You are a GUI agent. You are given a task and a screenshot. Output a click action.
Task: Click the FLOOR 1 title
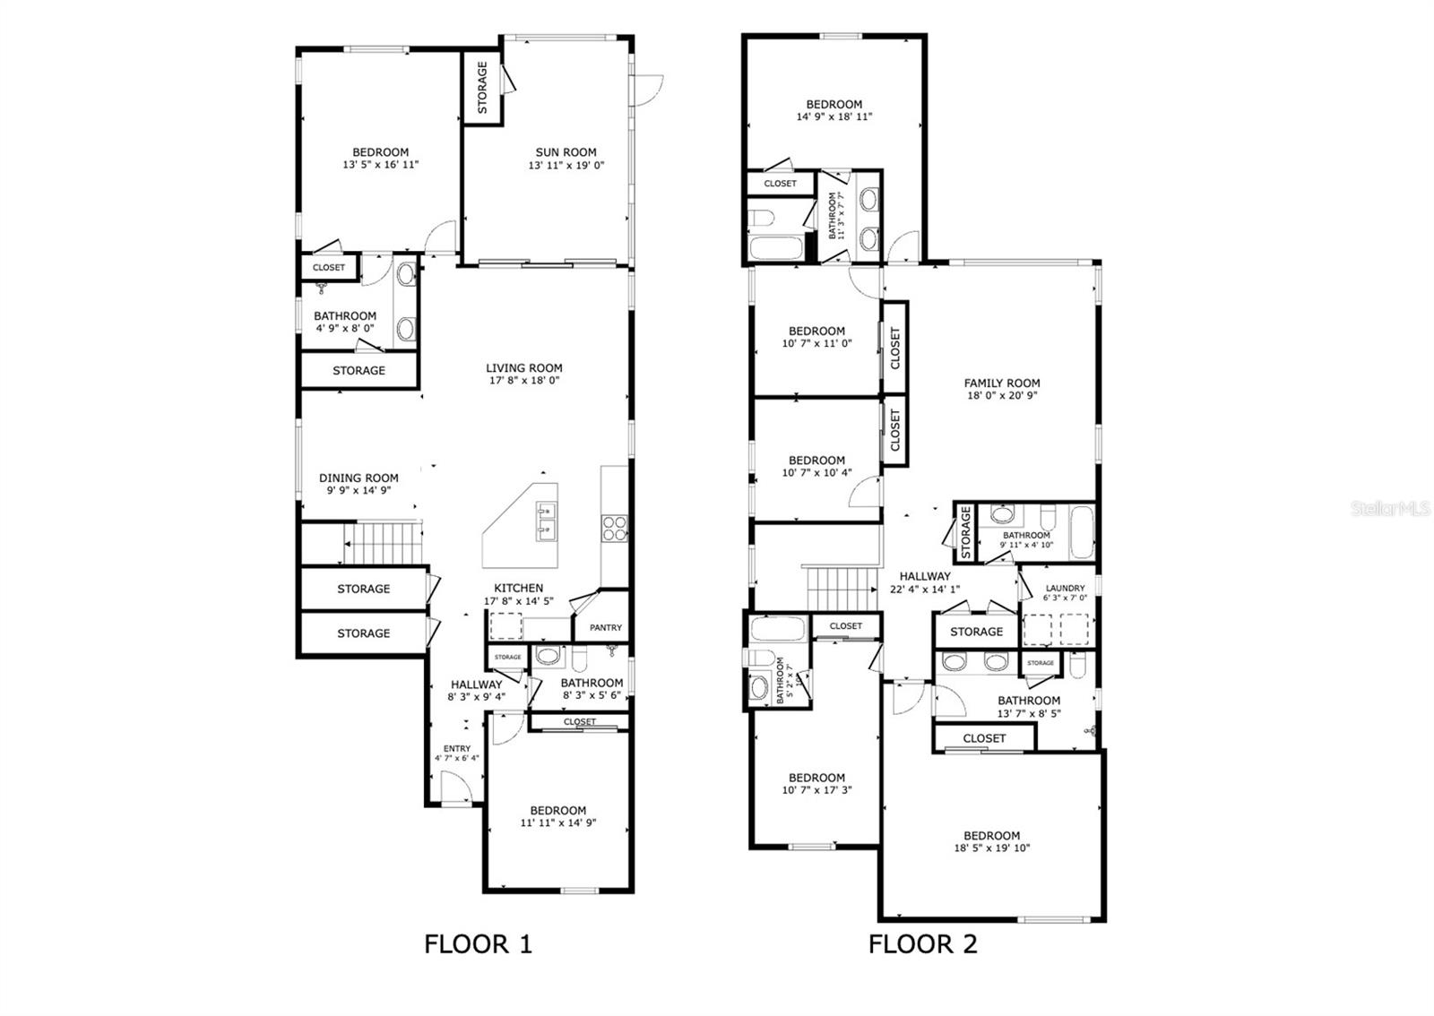(478, 943)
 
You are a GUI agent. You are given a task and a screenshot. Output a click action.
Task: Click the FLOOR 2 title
(922, 943)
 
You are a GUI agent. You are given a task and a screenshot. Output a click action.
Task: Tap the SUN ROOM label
(566, 152)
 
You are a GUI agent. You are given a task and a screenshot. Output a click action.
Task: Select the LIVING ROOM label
(524, 368)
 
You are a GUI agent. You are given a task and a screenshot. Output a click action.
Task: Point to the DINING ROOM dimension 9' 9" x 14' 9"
(358, 490)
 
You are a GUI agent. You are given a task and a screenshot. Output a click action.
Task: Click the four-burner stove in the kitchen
(614, 528)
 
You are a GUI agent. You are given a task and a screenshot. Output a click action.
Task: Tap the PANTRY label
(605, 628)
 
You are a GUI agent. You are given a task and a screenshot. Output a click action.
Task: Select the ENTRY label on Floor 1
(457, 749)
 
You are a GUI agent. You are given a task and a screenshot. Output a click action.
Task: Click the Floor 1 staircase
(383, 544)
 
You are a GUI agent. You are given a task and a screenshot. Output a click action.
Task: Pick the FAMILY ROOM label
(1001, 383)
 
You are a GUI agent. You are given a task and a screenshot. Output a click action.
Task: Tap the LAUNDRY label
(1065, 589)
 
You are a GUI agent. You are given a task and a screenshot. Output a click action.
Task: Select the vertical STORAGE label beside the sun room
(482, 88)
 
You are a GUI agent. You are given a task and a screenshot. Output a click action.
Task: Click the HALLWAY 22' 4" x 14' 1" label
(925, 582)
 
